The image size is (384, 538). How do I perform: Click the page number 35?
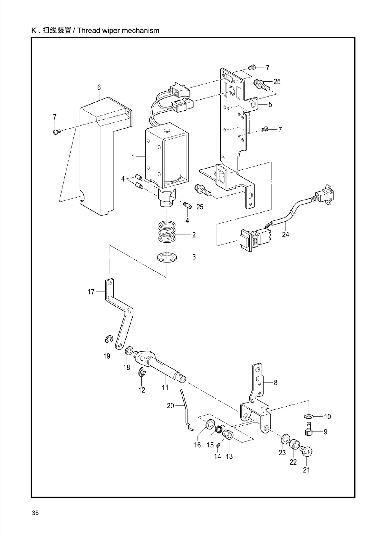(x=35, y=513)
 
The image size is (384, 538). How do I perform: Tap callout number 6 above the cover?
(x=99, y=87)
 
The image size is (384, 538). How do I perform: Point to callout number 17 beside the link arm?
(x=91, y=292)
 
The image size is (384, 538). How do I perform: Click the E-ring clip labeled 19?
(x=109, y=339)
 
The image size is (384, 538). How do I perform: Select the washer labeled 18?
(x=130, y=350)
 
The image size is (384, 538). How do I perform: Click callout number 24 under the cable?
(x=285, y=235)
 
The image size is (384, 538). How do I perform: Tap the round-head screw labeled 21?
(x=307, y=452)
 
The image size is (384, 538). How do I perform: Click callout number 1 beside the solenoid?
(x=132, y=157)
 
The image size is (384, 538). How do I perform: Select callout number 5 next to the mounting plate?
(x=270, y=105)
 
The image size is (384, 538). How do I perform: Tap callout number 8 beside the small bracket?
(x=275, y=383)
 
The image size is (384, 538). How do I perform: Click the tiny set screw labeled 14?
(x=218, y=445)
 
